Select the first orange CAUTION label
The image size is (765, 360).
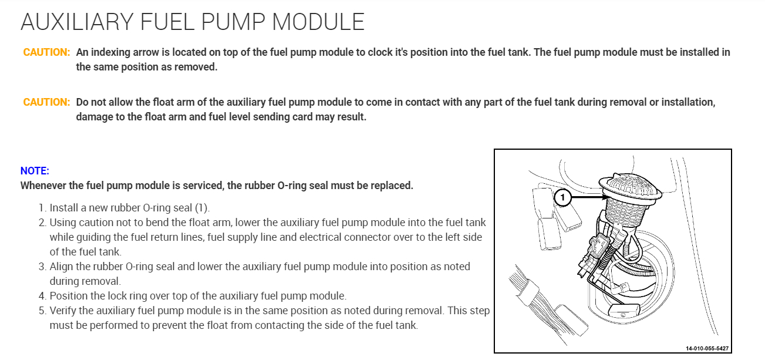[46, 52]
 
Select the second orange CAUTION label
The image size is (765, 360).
[46, 102]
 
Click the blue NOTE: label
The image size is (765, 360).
[35, 171]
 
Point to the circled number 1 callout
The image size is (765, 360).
[562, 198]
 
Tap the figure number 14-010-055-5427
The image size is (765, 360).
[707, 348]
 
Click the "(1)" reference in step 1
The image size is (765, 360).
[202, 208]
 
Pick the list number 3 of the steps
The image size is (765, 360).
[42, 267]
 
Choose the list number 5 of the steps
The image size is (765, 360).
[42, 311]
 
